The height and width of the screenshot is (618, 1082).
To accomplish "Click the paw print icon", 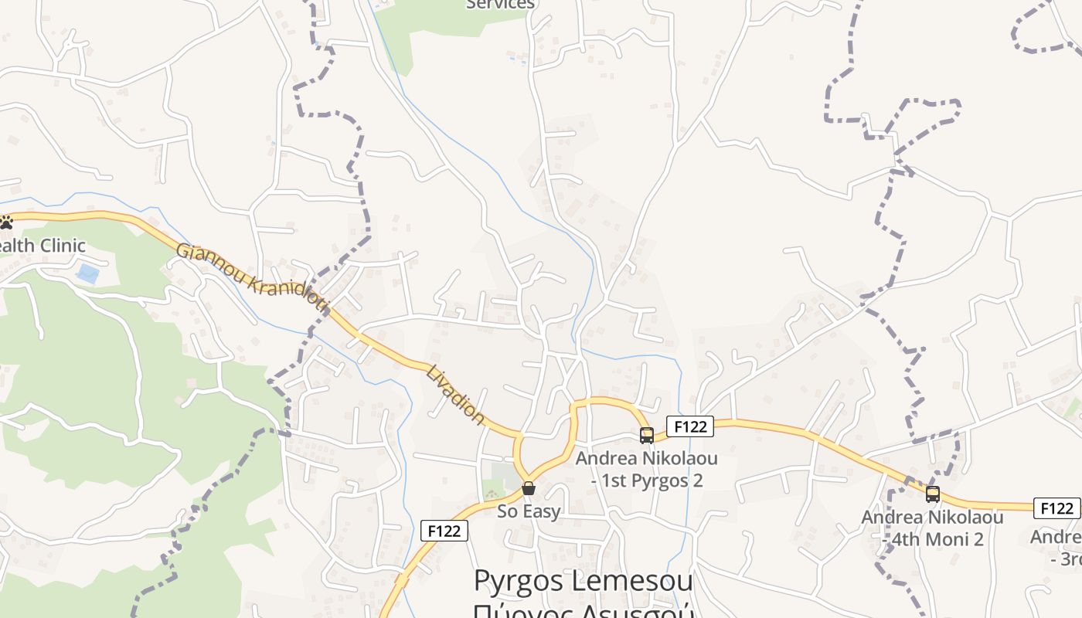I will coord(6,222).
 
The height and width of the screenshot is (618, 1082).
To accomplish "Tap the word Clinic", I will coord(62,246).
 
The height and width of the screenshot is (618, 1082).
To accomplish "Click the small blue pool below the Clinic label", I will coord(87,274).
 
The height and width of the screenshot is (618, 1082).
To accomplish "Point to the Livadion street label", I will coord(455,394).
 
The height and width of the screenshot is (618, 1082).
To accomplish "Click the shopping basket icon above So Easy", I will coord(529,488).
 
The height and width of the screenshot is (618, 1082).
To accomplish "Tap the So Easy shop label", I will coord(529,511).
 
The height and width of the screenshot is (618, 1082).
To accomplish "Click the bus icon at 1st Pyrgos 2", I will coord(647,436).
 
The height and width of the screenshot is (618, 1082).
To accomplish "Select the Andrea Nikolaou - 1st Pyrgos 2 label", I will coord(646,469).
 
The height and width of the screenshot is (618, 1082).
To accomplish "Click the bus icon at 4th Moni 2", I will coord(933,494).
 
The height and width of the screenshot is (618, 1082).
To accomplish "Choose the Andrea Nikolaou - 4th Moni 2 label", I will coord(932,528).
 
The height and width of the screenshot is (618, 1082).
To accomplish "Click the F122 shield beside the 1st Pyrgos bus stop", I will coord(689,426).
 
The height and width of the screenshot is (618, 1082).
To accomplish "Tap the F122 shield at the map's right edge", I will coord(1056,508).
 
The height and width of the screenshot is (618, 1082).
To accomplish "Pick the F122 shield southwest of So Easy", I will coord(444,531).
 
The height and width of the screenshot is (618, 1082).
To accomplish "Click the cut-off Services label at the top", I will coord(500,5).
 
